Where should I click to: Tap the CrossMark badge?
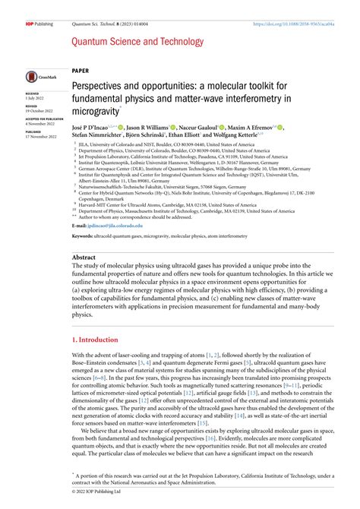tap(36, 76)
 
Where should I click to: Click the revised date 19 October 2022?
tap(38, 109)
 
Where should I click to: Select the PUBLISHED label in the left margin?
tap(34, 131)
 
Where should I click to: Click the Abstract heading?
tap(84, 258)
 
